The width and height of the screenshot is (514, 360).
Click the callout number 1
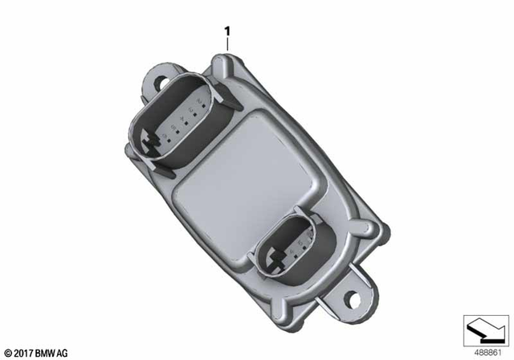[x=228, y=31]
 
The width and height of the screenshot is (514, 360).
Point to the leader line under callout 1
[x=228, y=45]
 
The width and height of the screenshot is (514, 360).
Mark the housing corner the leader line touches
[x=225, y=55]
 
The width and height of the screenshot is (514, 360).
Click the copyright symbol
[x=9, y=352]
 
